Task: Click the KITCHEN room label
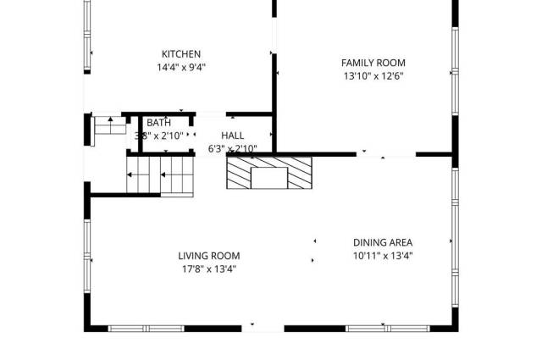(x=181, y=54)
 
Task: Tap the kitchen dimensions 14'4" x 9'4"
(x=181, y=68)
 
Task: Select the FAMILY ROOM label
(x=373, y=63)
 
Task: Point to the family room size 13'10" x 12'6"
(x=373, y=76)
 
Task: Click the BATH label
(x=158, y=123)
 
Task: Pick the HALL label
(x=232, y=136)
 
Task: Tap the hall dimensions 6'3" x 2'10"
(x=232, y=149)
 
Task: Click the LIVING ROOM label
(x=208, y=256)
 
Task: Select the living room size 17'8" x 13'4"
(x=208, y=269)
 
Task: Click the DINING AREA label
(x=383, y=242)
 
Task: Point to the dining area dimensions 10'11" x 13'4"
(x=383, y=256)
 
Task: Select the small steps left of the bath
(x=107, y=125)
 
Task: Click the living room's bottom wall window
(x=147, y=328)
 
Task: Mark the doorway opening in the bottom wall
(x=263, y=328)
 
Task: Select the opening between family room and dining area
(x=385, y=154)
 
